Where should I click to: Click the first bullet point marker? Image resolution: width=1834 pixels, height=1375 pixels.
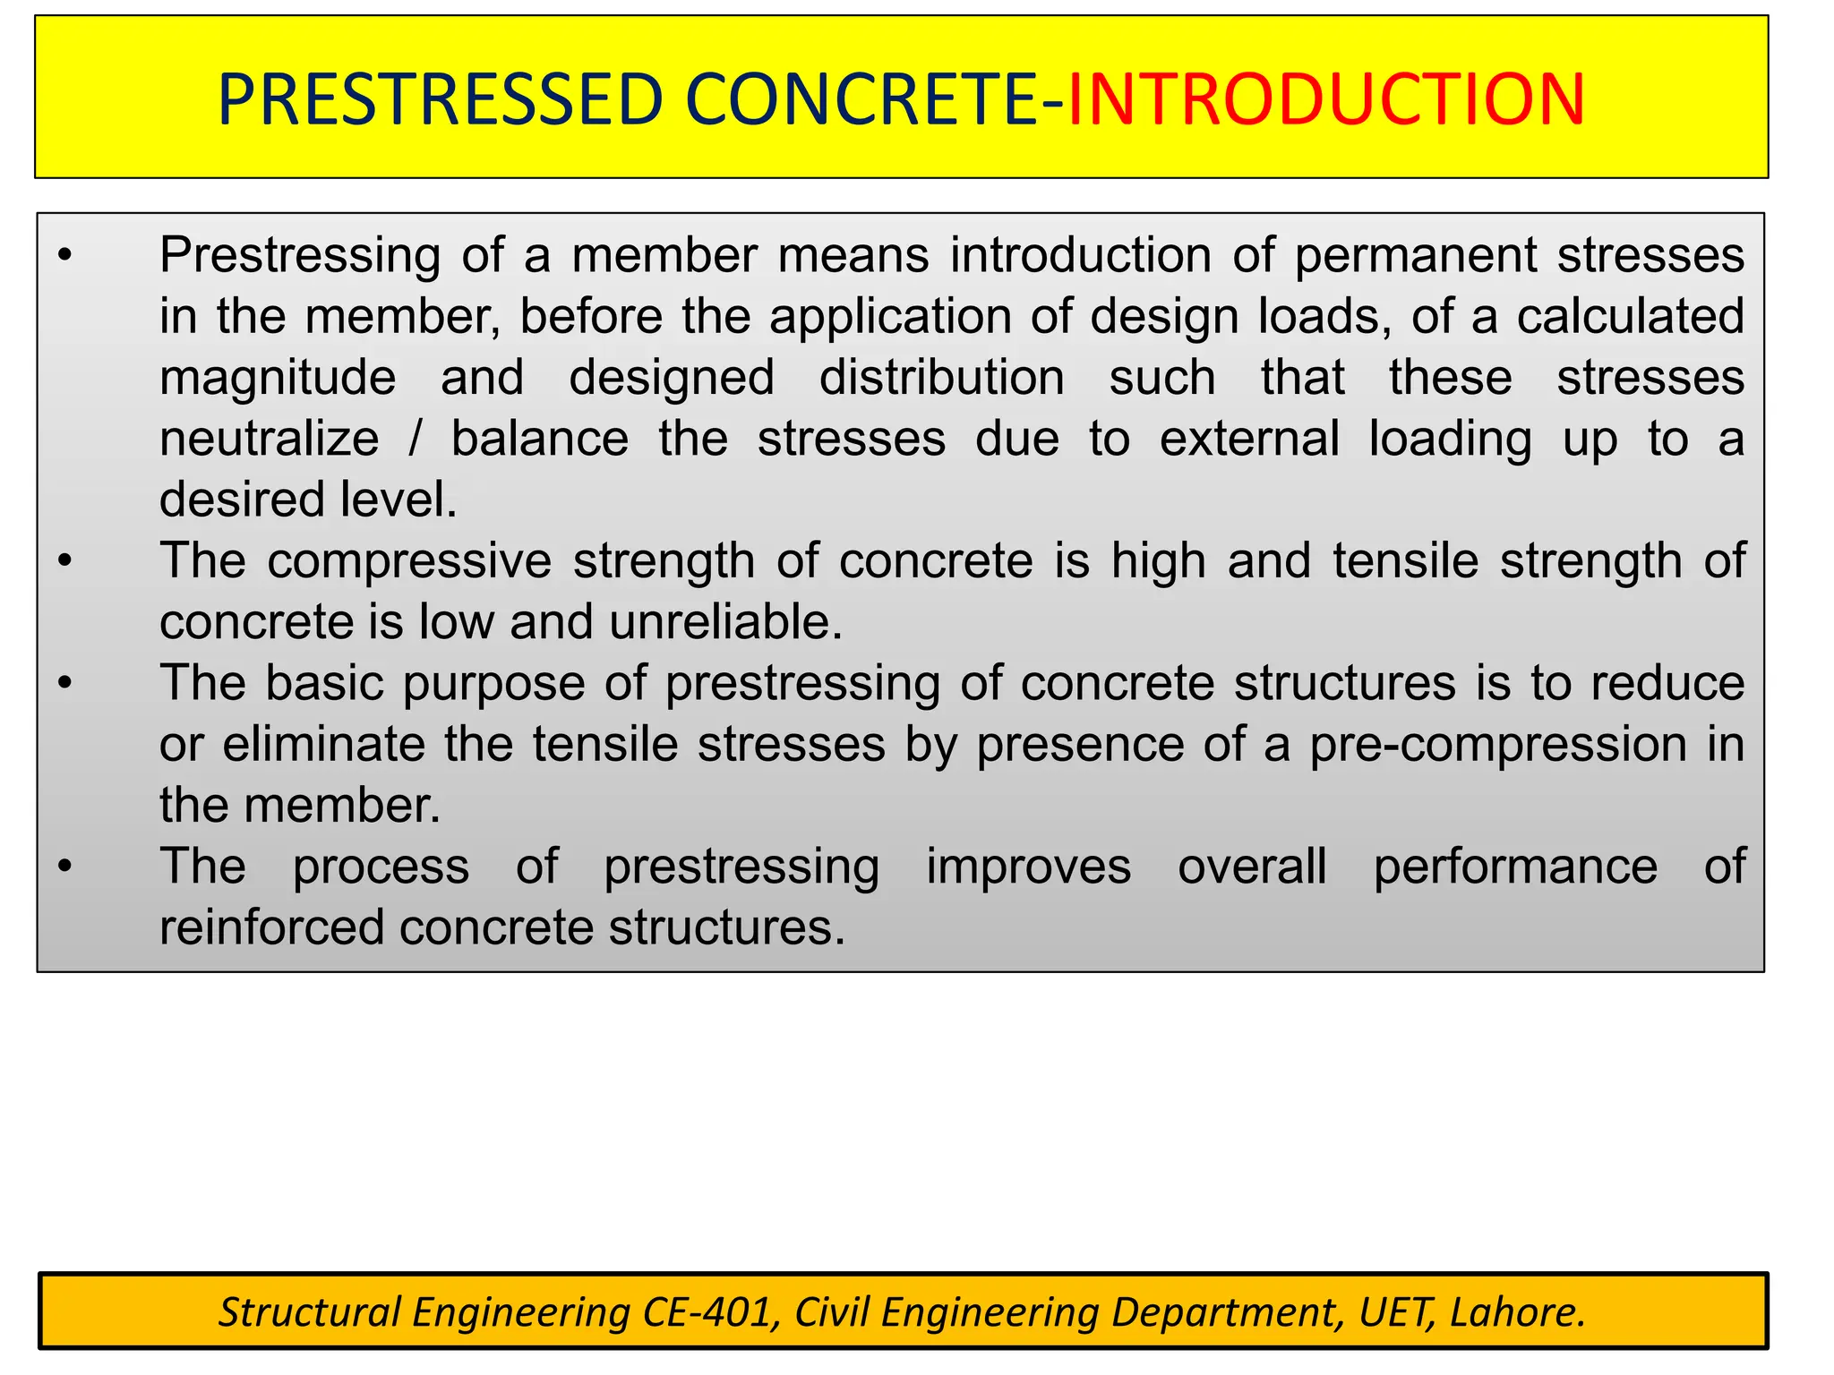(x=64, y=257)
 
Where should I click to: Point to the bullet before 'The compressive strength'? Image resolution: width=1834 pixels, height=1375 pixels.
(x=64, y=562)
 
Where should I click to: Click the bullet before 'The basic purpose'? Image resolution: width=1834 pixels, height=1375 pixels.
(x=64, y=684)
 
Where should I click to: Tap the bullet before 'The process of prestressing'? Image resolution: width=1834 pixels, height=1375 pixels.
(x=64, y=867)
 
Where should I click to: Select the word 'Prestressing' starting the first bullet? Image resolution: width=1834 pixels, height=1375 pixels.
(x=299, y=256)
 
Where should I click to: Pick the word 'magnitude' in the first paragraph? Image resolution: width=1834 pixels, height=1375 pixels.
(x=278, y=378)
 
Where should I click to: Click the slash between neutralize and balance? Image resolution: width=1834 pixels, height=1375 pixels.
(x=414, y=439)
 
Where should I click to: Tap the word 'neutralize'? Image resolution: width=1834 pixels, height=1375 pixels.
(x=269, y=439)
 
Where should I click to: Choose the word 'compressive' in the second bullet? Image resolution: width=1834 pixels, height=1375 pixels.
(x=409, y=561)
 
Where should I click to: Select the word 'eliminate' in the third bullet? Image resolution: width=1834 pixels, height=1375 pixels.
(x=323, y=744)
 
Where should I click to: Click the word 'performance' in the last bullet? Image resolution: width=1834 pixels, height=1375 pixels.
(x=1515, y=867)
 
